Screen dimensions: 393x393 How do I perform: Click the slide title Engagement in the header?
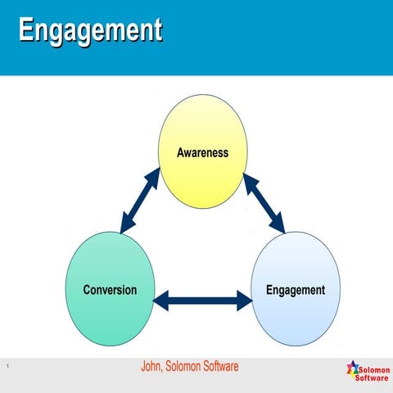pyautogui.click(x=90, y=30)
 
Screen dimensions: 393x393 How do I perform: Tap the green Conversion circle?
pyautogui.click(x=110, y=291)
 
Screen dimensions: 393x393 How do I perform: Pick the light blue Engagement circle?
pyautogui.click(x=296, y=291)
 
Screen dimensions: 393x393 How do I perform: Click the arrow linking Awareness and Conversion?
pyautogui.click(x=140, y=201)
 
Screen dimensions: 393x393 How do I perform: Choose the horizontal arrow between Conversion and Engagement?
pyautogui.click(x=203, y=300)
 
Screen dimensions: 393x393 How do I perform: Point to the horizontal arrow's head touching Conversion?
pyautogui.click(x=161, y=300)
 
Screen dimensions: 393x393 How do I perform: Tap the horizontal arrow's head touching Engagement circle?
pyautogui.click(x=245, y=300)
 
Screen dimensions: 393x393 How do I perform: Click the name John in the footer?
pyautogui.click(x=153, y=366)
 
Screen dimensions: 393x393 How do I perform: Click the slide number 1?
pyautogui.click(x=7, y=366)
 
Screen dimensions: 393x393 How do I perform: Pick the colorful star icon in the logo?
pyautogui.click(x=353, y=370)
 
